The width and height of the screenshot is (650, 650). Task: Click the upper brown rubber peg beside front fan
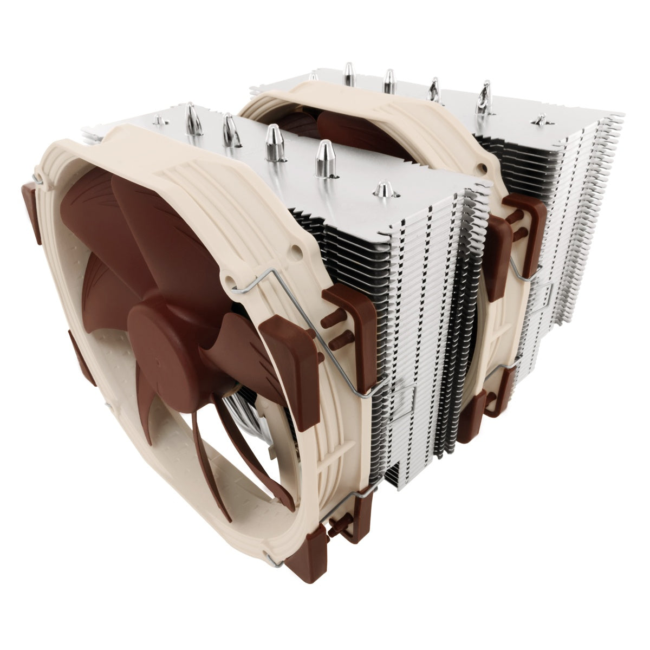pyautogui.click(x=331, y=321)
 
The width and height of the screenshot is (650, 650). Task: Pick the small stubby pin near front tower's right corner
pyautogui.click(x=383, y=189)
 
